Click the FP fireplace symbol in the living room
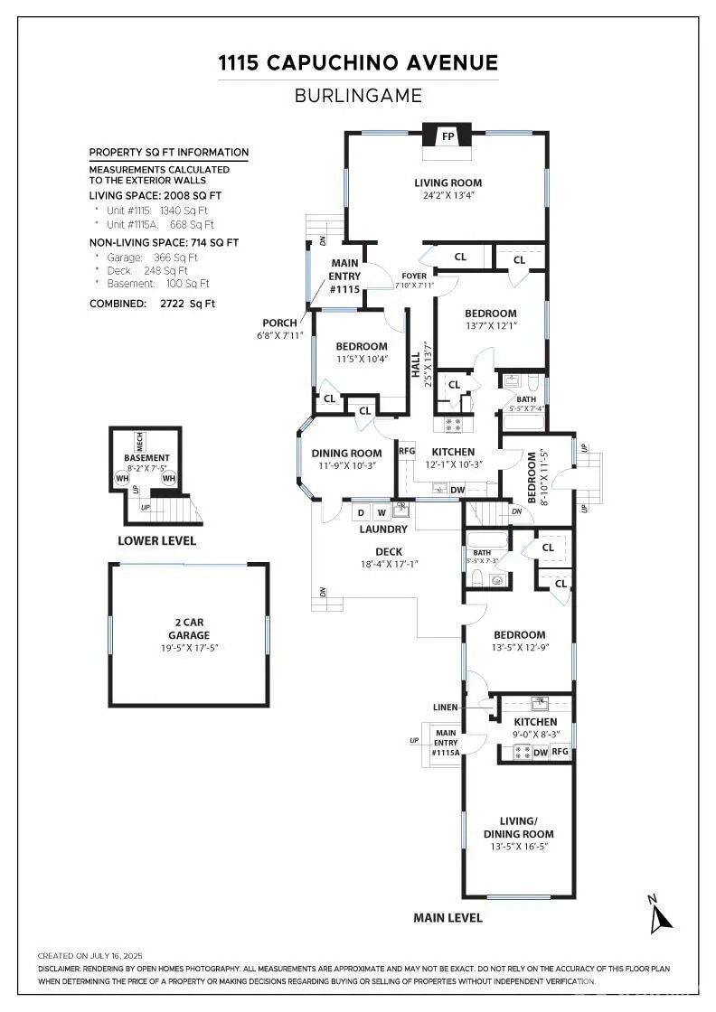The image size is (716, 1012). tap(447, 137)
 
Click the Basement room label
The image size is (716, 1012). tap(146, 458)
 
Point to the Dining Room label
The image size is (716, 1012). tap(346, 454)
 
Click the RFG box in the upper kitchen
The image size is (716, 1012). tap(407, 451)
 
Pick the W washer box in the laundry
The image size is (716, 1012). tap(381, 512)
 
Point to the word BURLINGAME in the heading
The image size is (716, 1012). tap(358, 96)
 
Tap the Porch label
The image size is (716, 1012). tap(279, 323)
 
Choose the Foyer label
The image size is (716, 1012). tap(414, 276)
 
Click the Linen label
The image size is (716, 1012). tap(446, 707)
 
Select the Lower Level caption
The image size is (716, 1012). tap(156, 541)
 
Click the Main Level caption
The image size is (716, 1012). tap(447, 918)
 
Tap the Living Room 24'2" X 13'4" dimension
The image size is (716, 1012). tap(447, 195)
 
